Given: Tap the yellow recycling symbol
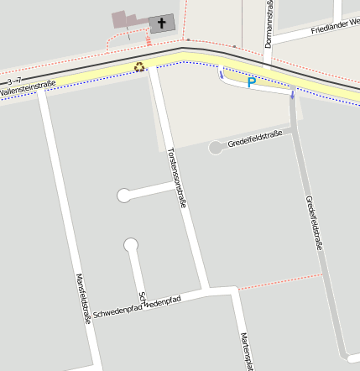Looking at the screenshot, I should click(139, 66).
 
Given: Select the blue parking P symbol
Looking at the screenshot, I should click(251, 82).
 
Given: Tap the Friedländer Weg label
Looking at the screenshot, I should click(335, 29).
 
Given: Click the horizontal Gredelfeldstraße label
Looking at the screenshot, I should click(254, 138).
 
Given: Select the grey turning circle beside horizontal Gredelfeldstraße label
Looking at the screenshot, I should click(216, 148).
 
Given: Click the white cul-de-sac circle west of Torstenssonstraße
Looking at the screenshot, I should click(124, 196).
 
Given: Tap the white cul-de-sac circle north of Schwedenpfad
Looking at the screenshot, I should click(131, 245).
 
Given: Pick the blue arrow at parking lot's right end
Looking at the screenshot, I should click(292, 94).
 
